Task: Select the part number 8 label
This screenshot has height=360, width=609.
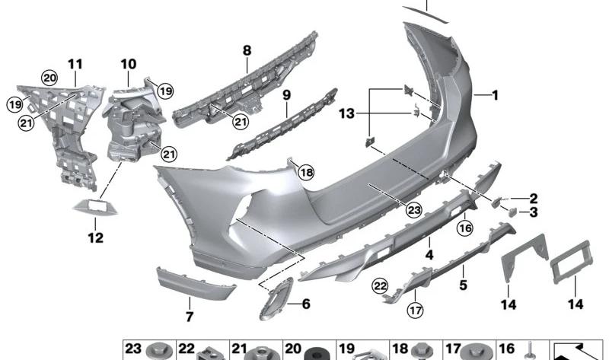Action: pos(247,51)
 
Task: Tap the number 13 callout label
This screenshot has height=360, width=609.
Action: pos(346,113)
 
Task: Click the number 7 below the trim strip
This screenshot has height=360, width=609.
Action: pos(190,315)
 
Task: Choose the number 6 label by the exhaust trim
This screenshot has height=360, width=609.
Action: pos(306,304)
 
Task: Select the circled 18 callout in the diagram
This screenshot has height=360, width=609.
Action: pos(306,172)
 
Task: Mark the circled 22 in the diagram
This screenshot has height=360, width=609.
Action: pos(379,285)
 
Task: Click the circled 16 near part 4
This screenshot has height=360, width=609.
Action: pos(465,226)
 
